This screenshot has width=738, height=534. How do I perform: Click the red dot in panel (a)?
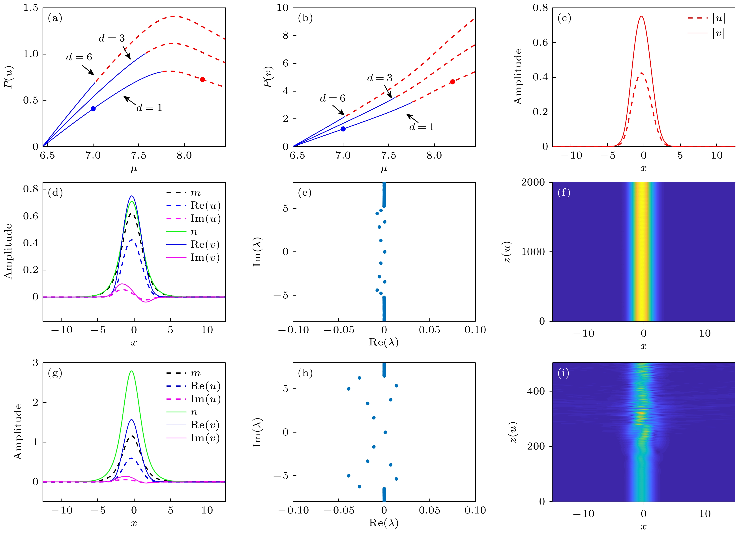pos(202,79)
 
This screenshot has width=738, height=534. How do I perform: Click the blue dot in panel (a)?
pos(93,109)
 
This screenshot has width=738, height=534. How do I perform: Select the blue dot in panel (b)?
pos(343,129)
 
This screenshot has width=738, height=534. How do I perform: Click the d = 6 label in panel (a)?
pos(79,57)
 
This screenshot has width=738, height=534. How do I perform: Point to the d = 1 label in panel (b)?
pos(422,127)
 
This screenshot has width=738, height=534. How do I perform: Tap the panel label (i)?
pos(564,373)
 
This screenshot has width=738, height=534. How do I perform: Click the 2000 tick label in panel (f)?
pos(533,182)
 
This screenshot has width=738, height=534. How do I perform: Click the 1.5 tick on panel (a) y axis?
pos(31,8)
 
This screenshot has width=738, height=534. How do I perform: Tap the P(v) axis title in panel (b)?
pos(268,77)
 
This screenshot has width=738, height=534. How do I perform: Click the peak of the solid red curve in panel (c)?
pos(642,16)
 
